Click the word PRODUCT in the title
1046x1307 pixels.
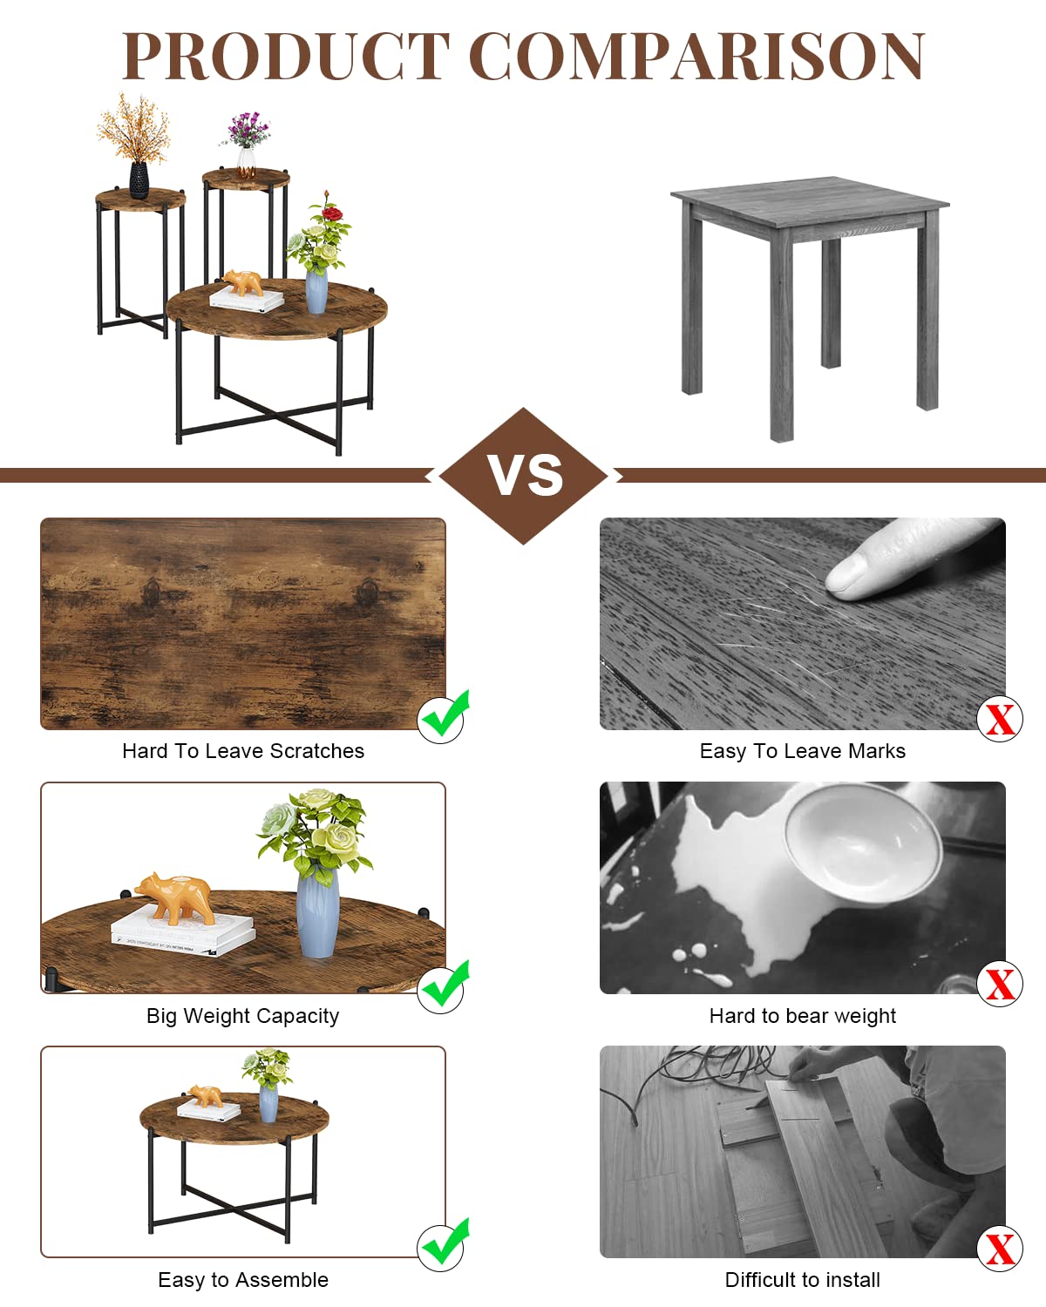click(286, 56)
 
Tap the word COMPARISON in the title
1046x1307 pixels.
click(697, 56)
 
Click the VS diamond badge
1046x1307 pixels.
click(523, 476)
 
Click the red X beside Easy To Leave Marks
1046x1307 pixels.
click(1000, 719)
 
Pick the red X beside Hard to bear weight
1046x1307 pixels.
click(1000, 984)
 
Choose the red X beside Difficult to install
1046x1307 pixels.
click(1000, 1249)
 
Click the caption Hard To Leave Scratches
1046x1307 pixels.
click(243, 751)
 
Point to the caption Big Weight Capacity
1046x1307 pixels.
click(242, 1016)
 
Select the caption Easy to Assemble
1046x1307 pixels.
click(243, 1280)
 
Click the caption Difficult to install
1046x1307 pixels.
click(802, 1280)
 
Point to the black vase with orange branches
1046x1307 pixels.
click(139, 179)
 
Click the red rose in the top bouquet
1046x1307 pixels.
click(332, 213)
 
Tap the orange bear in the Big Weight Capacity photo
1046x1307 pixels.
click(175, 897)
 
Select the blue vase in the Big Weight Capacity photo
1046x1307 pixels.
click(317, 911)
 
